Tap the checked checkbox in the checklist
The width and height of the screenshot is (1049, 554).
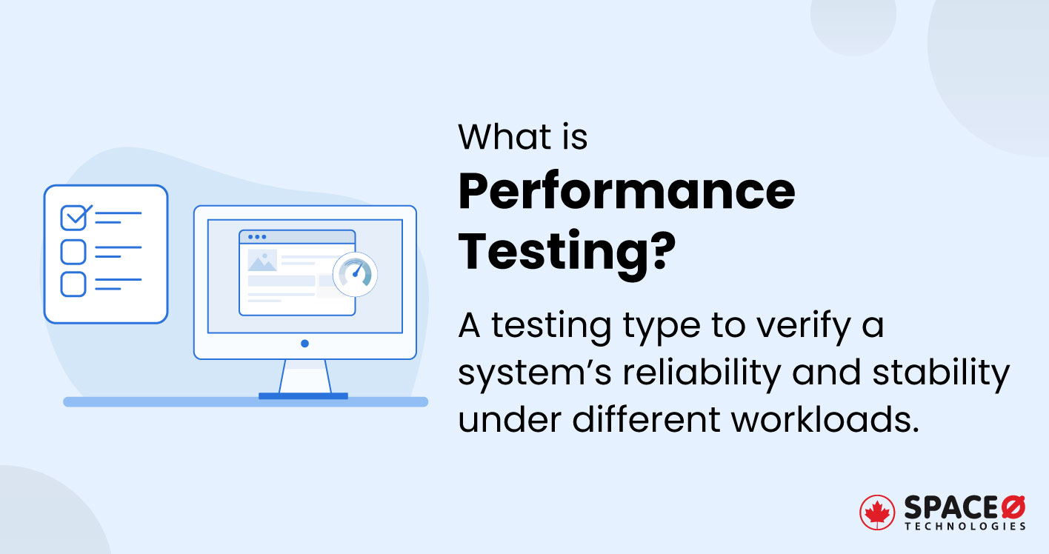(74, 218)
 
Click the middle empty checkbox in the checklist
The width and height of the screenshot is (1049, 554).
(73, 252)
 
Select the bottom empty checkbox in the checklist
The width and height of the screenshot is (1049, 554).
(73, 284)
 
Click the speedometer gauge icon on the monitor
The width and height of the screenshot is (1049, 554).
(355, 274)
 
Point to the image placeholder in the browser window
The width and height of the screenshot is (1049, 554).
(262, 261)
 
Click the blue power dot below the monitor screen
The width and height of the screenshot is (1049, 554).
(304, 344)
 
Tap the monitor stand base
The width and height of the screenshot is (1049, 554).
(303, 396)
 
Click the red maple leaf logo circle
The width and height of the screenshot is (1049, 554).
(878, 513)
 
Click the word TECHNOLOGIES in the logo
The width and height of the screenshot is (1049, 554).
(965, 527)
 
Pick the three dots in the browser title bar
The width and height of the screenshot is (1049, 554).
(257, 237)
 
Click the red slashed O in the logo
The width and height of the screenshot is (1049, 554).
(1013, 507)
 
